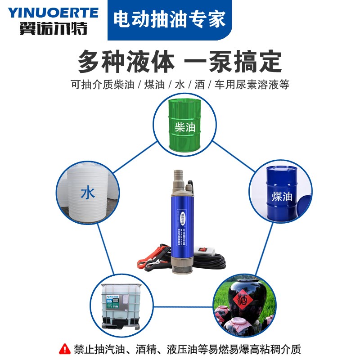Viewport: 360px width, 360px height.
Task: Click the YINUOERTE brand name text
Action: [53, 12]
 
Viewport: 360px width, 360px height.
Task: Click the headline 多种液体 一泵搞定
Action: [180, 62]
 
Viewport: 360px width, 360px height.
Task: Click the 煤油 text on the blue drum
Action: [282, 197]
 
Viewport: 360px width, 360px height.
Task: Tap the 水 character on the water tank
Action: [87, 193]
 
